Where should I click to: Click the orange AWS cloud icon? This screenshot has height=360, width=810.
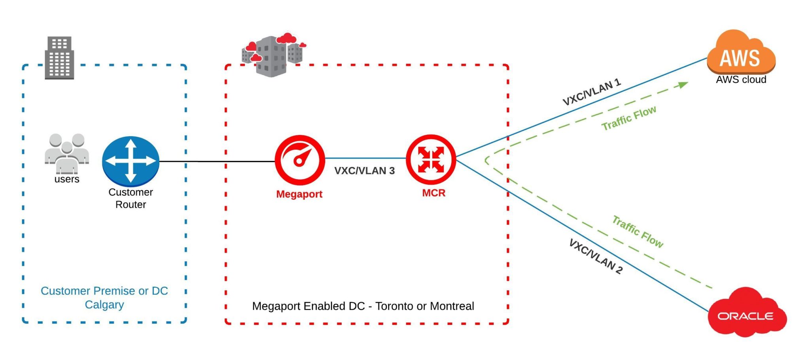click(741, 53)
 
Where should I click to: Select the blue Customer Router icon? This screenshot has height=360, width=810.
click(131, 161)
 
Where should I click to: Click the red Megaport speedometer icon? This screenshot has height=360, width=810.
click(300, 159)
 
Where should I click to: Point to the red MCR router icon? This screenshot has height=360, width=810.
click(431, 159)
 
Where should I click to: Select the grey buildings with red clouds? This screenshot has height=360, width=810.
click(273, 54)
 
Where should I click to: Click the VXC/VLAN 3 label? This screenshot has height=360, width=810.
click(364, 171)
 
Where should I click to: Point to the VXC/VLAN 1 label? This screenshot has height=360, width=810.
click(592, 92)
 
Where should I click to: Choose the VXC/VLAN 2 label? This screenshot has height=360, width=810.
click(596, 256)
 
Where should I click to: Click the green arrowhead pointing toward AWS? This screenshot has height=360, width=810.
click(683, 85)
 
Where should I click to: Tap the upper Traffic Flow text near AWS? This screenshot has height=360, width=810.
click(629, 117)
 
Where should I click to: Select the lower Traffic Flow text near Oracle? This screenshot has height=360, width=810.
click(638, 231)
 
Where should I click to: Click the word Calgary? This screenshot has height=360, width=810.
click(104, 305)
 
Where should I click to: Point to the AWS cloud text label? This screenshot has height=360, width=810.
click(741, 80)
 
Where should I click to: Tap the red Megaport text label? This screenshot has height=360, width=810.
click(299, 194)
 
